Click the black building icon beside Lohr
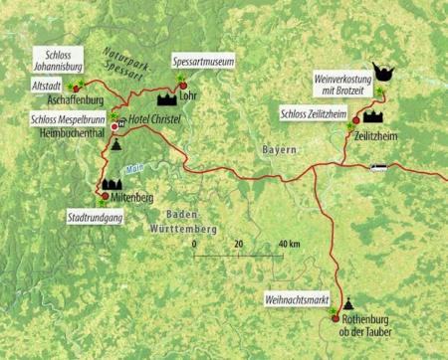click(164, 98)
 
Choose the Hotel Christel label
click(162, 118)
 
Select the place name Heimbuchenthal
click(59, 130)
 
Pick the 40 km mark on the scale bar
click(288, 244)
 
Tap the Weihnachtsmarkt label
click(295, 297)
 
